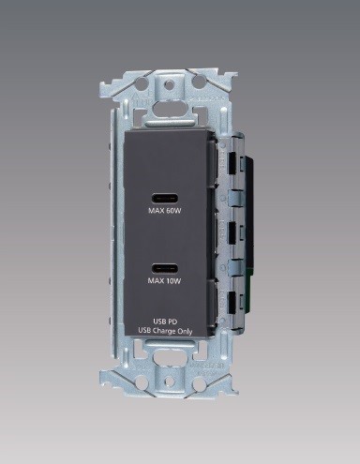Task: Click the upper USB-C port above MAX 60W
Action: [165, 199]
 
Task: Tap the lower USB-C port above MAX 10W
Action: [165, 268]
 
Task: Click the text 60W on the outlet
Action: [174, 211]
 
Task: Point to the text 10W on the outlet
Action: [173, 281]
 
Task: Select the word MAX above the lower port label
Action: [156, 281]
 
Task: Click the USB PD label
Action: [165, 322]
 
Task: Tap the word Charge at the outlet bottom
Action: [164, 332]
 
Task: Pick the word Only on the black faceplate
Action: [185, 332]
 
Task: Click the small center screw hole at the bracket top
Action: [169, 83]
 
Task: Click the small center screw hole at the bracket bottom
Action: [169, 381]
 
